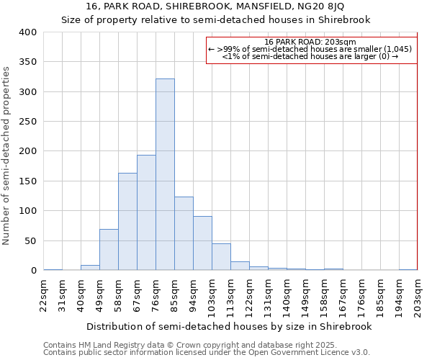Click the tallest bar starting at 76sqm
tap(165, 174)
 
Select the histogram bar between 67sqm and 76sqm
tap(146, 212)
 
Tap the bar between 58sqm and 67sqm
tap(127, 222)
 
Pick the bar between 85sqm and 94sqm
tap(184, 233)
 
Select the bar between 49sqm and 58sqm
tap(109, 250)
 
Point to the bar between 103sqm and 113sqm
tap(221, 257)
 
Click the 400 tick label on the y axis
tap(27, 32)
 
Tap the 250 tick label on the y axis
tap(27, 122)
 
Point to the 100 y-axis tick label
tap(27, 211)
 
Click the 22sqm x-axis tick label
tap(44, 295)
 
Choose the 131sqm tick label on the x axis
tap(268, 295)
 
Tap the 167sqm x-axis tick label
tap(343, 295)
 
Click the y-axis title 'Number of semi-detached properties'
tap(6, 155)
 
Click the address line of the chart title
tap(215, 6)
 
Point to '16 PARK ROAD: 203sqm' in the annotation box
tap(310, 42)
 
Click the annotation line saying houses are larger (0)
tap(310, 56)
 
